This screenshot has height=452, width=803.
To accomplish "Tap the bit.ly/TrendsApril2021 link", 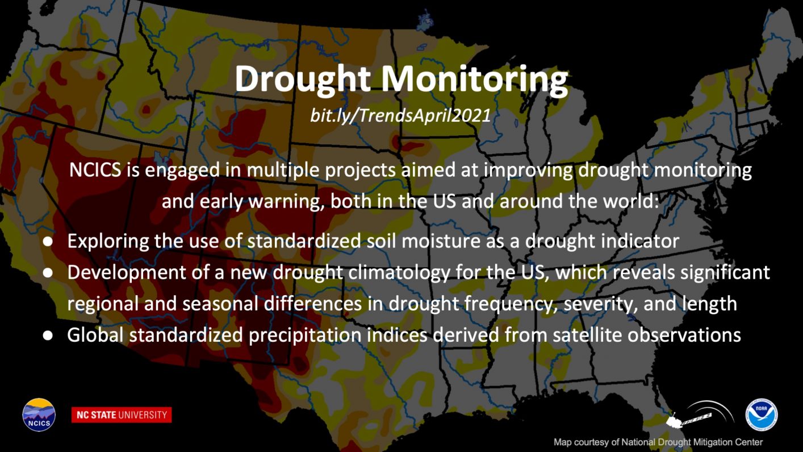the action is [400, 115].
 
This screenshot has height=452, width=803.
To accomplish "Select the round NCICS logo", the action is [39, 414].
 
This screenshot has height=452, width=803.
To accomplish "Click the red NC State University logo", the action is [122, 415].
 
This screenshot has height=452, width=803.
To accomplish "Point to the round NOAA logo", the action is [762, 414].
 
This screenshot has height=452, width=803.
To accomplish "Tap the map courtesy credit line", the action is [658, 442].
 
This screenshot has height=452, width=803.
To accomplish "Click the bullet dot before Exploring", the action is [48, 241].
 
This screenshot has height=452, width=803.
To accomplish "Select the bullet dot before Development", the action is [48, 272].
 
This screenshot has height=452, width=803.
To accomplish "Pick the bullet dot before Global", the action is [48, 335].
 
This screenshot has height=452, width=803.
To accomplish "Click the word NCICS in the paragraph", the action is [95, 170].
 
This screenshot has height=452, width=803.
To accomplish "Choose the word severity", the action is [601, 305].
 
